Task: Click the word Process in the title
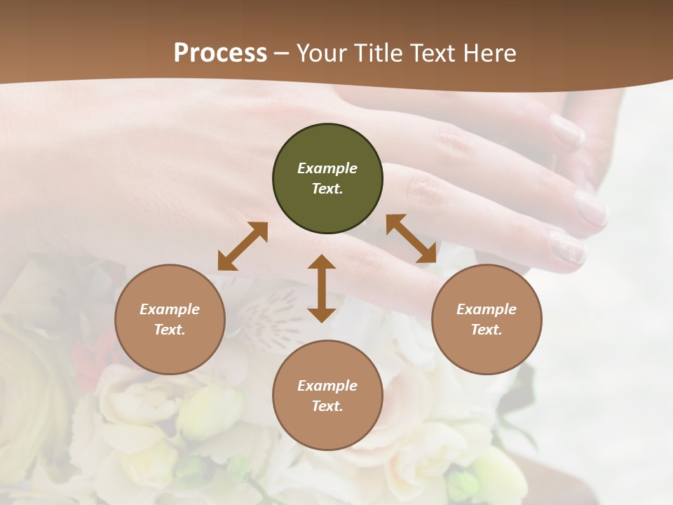click(220, 53)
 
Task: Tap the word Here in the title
click(489, 53)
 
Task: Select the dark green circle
click(327, 178)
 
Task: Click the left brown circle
click(170, 319)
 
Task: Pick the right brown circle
click(487, 319)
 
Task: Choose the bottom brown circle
click(327, 396)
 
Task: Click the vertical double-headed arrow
click(322, 288)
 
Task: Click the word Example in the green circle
click(327, 168)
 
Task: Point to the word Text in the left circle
click(170, 330)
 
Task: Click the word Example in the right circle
click(487, 309)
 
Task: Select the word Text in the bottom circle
click(327, 406)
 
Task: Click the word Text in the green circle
click(327, 189)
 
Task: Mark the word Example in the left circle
click(170, 309)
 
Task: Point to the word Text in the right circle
click(487, 330)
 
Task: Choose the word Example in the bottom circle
click(327, 386)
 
